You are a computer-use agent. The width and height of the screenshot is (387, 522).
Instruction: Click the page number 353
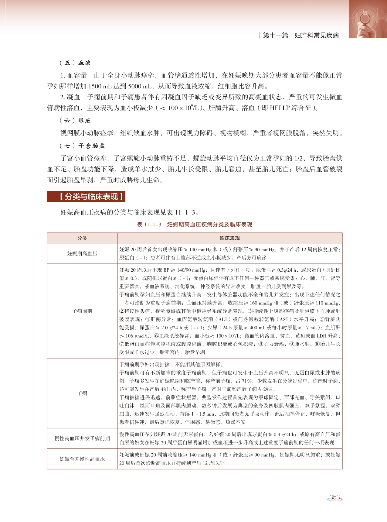[x=334, y=497]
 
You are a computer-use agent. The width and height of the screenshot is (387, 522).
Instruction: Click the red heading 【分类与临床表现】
[x=86, y=197]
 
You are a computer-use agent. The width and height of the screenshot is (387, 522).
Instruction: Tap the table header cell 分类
[x=82, y=238]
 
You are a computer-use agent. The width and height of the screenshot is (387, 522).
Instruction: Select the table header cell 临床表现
[x=230, y=238]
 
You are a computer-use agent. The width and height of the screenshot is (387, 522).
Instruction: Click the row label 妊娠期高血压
[x=82, y=253]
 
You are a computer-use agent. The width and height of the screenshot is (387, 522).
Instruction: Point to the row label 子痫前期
[x=82, y=311]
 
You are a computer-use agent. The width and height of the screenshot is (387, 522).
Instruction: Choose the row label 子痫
[x=82, y=393]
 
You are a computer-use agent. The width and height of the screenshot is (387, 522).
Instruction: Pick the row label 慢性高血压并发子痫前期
[x=82, y=438]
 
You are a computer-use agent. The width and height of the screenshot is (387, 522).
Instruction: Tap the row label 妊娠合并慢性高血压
[x=82, y=459]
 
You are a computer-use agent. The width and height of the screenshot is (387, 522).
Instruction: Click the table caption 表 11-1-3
[x=149, y=225]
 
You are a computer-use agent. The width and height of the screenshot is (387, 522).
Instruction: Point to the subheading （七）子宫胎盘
[x=82, y=146]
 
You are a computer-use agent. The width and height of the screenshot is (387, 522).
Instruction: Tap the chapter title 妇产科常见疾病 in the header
[x=317, y=36]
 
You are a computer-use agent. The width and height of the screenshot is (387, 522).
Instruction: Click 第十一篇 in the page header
[x=275, y=36]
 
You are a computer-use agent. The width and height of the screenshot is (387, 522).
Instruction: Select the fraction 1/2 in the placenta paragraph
[x=299, y=158]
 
